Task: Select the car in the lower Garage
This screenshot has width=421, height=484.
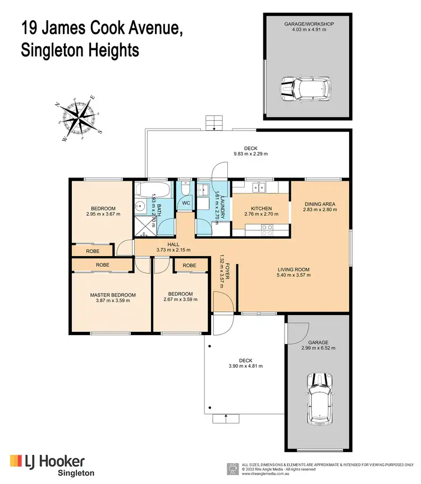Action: point(319,395)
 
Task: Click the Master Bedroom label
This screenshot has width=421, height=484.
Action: point(113,295)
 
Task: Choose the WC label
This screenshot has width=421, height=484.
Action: point(185,203)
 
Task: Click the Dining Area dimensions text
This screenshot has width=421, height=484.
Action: point(321,209)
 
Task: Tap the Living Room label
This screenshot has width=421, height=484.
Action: point(294,270)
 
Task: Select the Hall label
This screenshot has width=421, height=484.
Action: point(173,244)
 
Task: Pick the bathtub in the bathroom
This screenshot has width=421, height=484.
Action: point(153,188)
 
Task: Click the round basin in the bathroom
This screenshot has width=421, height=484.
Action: point(141,207)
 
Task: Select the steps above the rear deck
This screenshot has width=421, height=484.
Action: point(214,122)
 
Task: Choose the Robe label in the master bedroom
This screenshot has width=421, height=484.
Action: point(102,264)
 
